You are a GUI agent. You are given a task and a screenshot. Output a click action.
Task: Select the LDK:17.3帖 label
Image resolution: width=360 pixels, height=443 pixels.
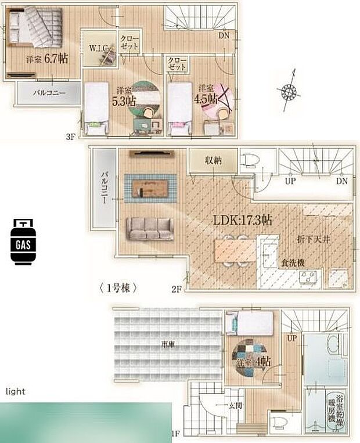(243, 221)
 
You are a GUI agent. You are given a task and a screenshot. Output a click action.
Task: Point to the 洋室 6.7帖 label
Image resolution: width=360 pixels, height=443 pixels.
(47, 58)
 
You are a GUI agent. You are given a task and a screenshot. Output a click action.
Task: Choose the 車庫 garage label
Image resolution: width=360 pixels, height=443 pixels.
(169, 344)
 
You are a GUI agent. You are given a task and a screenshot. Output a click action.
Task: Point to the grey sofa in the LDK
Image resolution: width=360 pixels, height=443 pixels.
(149, 228)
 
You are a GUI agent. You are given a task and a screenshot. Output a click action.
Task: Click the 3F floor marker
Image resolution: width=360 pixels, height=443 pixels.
(71, 137)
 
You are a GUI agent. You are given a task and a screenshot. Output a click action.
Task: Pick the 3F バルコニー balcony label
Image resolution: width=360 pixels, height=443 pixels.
(49, 92)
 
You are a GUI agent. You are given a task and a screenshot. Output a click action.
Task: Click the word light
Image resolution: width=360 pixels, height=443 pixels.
(16, 391)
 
